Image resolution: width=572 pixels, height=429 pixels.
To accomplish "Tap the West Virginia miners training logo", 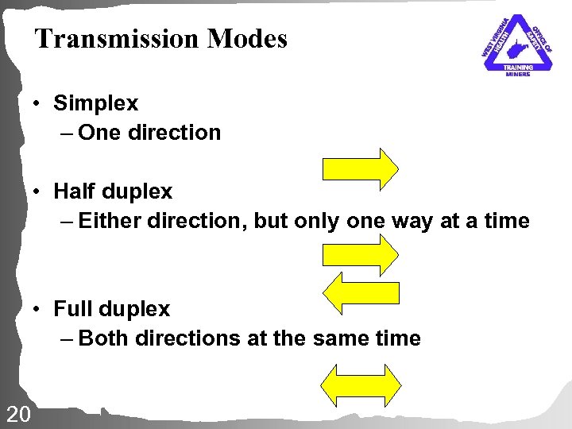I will point(517,45).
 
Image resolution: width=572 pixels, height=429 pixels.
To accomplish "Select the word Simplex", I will point(95,103).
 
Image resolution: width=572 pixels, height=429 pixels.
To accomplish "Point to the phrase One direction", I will point(149,133).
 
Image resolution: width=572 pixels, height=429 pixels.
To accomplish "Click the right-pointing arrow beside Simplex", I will point(359,168).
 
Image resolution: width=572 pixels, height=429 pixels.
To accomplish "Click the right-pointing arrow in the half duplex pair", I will point(359,254).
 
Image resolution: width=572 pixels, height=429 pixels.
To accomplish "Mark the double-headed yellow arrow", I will point(359,385).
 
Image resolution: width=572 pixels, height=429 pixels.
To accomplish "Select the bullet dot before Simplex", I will point(37,104).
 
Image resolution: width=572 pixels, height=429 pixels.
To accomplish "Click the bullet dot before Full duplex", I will point(37,310).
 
